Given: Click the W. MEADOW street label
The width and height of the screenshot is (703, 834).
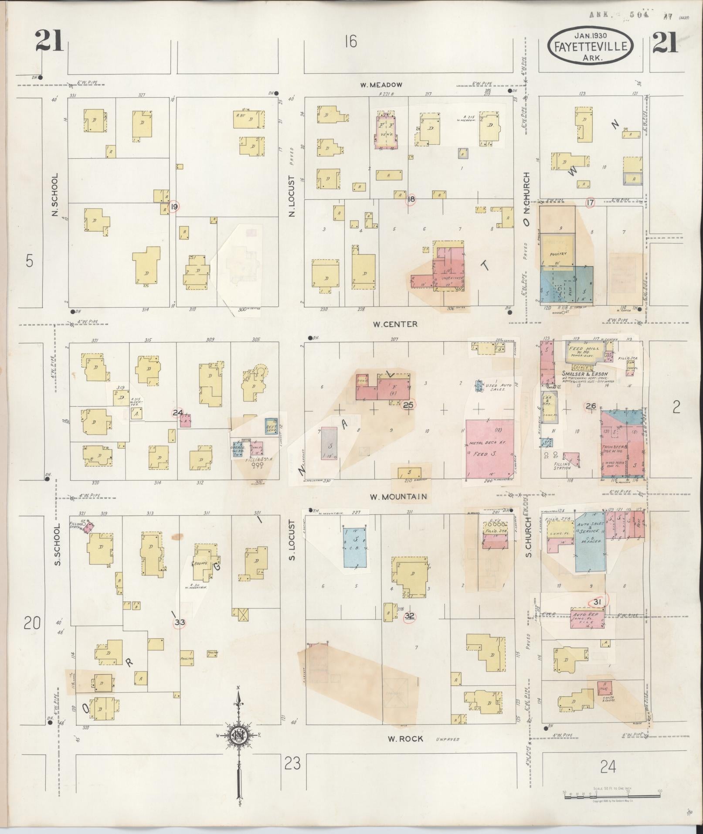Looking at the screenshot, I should coord(381,85).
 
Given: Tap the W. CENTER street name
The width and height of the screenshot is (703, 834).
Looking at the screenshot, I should coord(395,324).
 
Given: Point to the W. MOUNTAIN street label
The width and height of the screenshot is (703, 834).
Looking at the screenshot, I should coord(398,497).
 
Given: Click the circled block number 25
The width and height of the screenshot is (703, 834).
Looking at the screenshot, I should coord(408,405).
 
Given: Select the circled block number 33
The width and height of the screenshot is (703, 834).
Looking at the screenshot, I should coord(180,623).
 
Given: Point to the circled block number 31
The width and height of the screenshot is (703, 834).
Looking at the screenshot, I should coord(598,602).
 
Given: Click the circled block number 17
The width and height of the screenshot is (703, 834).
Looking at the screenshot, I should coord(591,202).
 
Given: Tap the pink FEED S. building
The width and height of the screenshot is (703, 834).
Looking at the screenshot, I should coord(490,449).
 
